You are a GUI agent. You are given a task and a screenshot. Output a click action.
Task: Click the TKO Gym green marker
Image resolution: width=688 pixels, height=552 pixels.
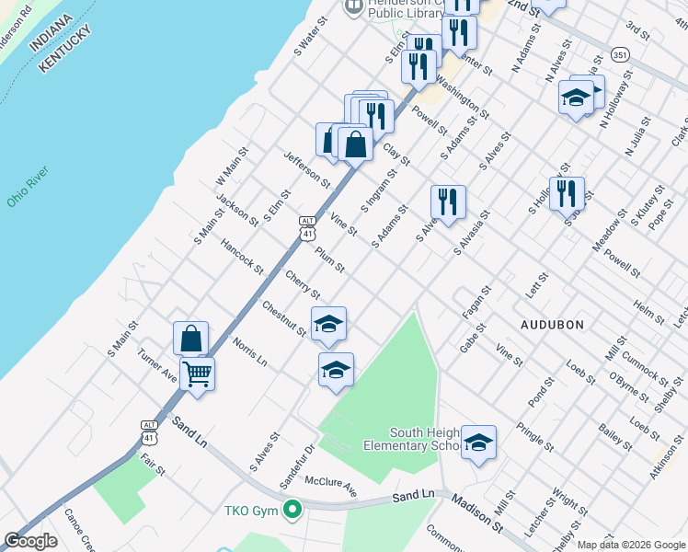[292, 509]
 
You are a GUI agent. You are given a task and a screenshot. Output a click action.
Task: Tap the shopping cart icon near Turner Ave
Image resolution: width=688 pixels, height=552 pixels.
[198, 374]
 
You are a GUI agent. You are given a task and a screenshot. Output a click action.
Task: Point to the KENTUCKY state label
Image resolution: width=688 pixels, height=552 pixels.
[65, 49]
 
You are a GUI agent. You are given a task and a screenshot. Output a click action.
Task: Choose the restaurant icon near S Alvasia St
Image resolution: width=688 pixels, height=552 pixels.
[448, 201]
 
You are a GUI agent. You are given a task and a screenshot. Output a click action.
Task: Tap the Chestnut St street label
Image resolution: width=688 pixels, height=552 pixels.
[283, 318]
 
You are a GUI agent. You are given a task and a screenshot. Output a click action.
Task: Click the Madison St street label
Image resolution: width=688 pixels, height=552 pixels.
[476, 512]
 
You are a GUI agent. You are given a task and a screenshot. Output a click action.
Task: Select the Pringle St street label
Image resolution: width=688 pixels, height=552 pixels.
[534, 437]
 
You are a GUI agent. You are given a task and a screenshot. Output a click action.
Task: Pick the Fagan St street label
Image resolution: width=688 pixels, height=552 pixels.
[475, 301]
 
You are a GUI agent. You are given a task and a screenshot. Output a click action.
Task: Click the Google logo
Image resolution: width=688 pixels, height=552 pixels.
[30, 541]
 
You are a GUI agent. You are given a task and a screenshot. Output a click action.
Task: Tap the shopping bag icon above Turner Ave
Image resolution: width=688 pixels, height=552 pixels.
[190, 338]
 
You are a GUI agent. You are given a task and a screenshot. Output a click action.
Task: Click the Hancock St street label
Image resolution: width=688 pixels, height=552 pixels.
[242, 259]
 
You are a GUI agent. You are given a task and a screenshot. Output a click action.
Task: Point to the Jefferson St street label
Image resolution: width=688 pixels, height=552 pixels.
[306, 170]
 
